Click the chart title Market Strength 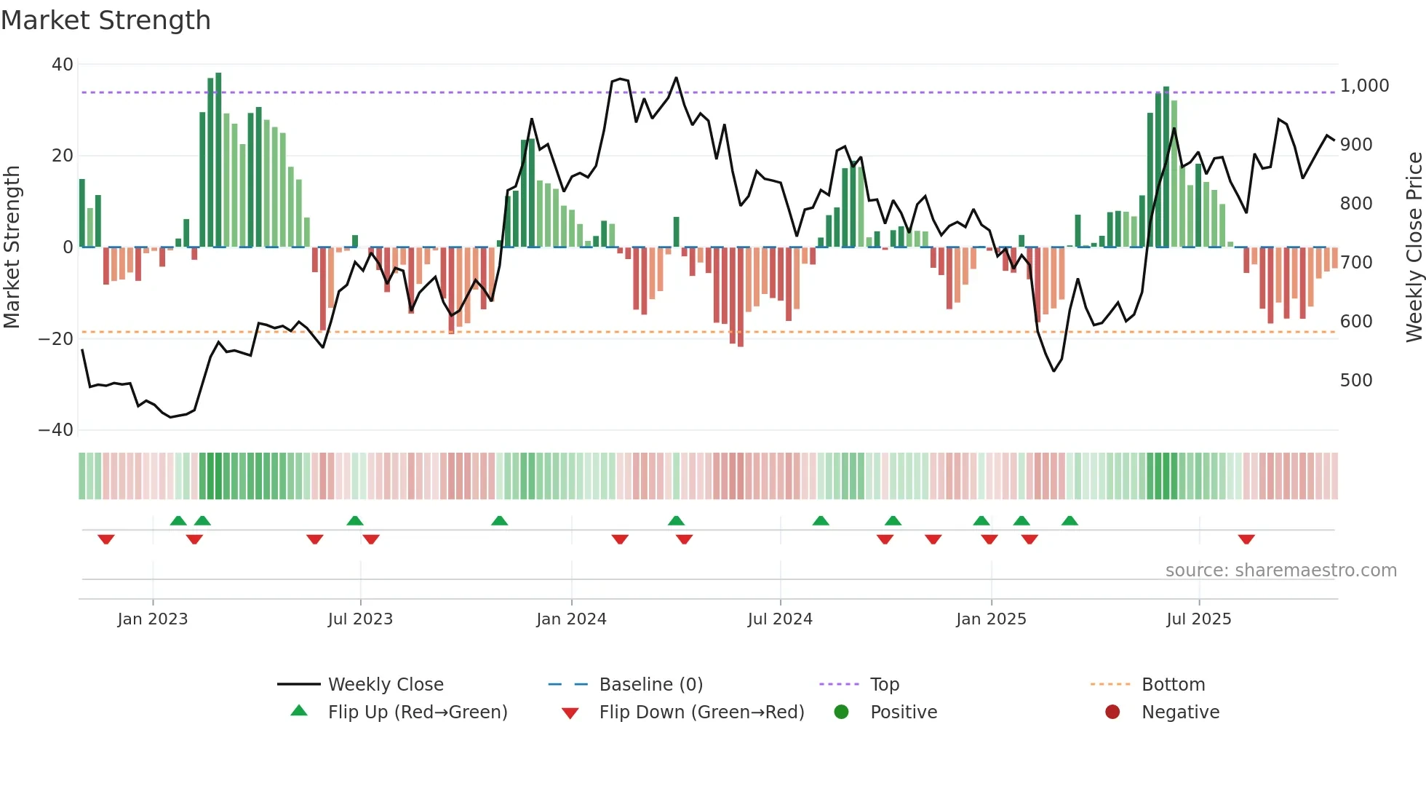[x=105, y=20]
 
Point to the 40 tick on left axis [x=63, y=65]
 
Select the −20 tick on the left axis [x=56, y=338]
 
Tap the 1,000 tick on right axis [x=1364, y=86]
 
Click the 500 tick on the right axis [x=1356, y=381]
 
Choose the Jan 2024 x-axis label [x=571, y=619]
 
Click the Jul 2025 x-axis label [x=1198, y=619]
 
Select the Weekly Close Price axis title [x=1414, y=247]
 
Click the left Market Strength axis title [x=12, y=247]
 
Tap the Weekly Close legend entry [x=385, y=685]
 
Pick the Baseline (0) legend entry [x=650, y=685]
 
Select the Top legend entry [x=884, y=685]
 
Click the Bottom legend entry [x=1173, y=685]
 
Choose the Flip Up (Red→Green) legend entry [x=417, y=712]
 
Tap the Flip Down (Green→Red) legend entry [x=701, y=712]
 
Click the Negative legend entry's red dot [x=1112, y=712]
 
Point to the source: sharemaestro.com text [x=1280, y=571]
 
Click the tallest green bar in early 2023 [x=218, y=160]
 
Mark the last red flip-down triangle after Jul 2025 [x=1246, y=539]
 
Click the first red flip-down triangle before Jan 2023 [x=106, y=539]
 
